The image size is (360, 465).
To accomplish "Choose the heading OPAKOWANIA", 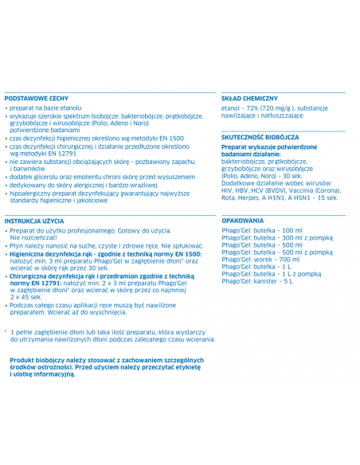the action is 243,220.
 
